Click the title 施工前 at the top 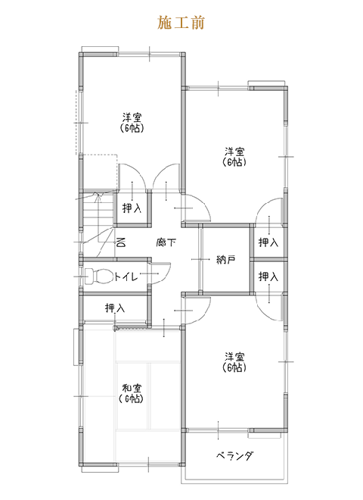coord(181,23)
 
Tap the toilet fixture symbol coord(98,277)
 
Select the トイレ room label coord(126,277)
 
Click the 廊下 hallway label coord(166,242)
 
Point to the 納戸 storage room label coord(226,260)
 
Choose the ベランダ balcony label coord(235,455)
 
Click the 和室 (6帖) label coord(131,393)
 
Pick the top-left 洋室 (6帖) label coord(132,123)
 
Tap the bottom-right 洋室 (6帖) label coord(234,362)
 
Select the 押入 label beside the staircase coord(132,208)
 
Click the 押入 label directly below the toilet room coord(115,308)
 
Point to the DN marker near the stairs coord(121,242)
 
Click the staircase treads coord(98,211)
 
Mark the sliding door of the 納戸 coord(200,259)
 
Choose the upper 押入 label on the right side coord(268,242)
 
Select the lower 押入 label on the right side coord(268,277)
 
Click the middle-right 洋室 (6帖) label coord(234,156)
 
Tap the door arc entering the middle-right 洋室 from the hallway coord(203,204)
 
